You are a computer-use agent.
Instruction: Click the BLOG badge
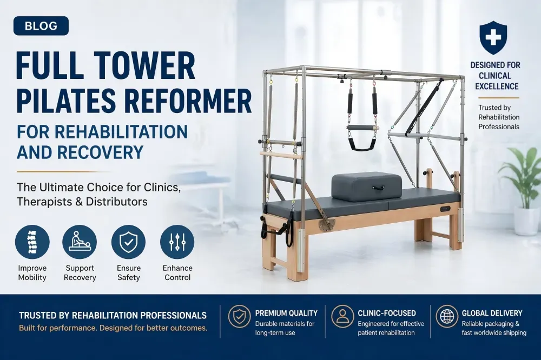click(x=41, y=26)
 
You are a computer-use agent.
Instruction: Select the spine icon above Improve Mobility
click(x=32, y=242)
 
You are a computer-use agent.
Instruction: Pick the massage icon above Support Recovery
click(x=80, y=242)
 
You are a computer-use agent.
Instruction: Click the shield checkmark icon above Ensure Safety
click(x=128, y=242)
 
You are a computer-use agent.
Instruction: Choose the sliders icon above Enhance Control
click(x=177, y=242)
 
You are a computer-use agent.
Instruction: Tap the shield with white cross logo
click(x=493, y=37)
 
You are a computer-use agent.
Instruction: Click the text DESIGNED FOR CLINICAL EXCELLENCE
click(x=496, y=76)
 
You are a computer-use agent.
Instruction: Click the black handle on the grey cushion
click(x=378, y=188)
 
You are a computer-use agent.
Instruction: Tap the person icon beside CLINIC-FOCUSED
click(x=342, y=316)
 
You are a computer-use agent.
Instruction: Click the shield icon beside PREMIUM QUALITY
click(x=240, y=316)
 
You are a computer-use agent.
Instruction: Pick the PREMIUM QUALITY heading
click(x=286, y=313)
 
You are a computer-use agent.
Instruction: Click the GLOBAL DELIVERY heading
click(x=492, y=313)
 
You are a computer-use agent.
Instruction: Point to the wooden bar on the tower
click(x=281, y=155)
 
